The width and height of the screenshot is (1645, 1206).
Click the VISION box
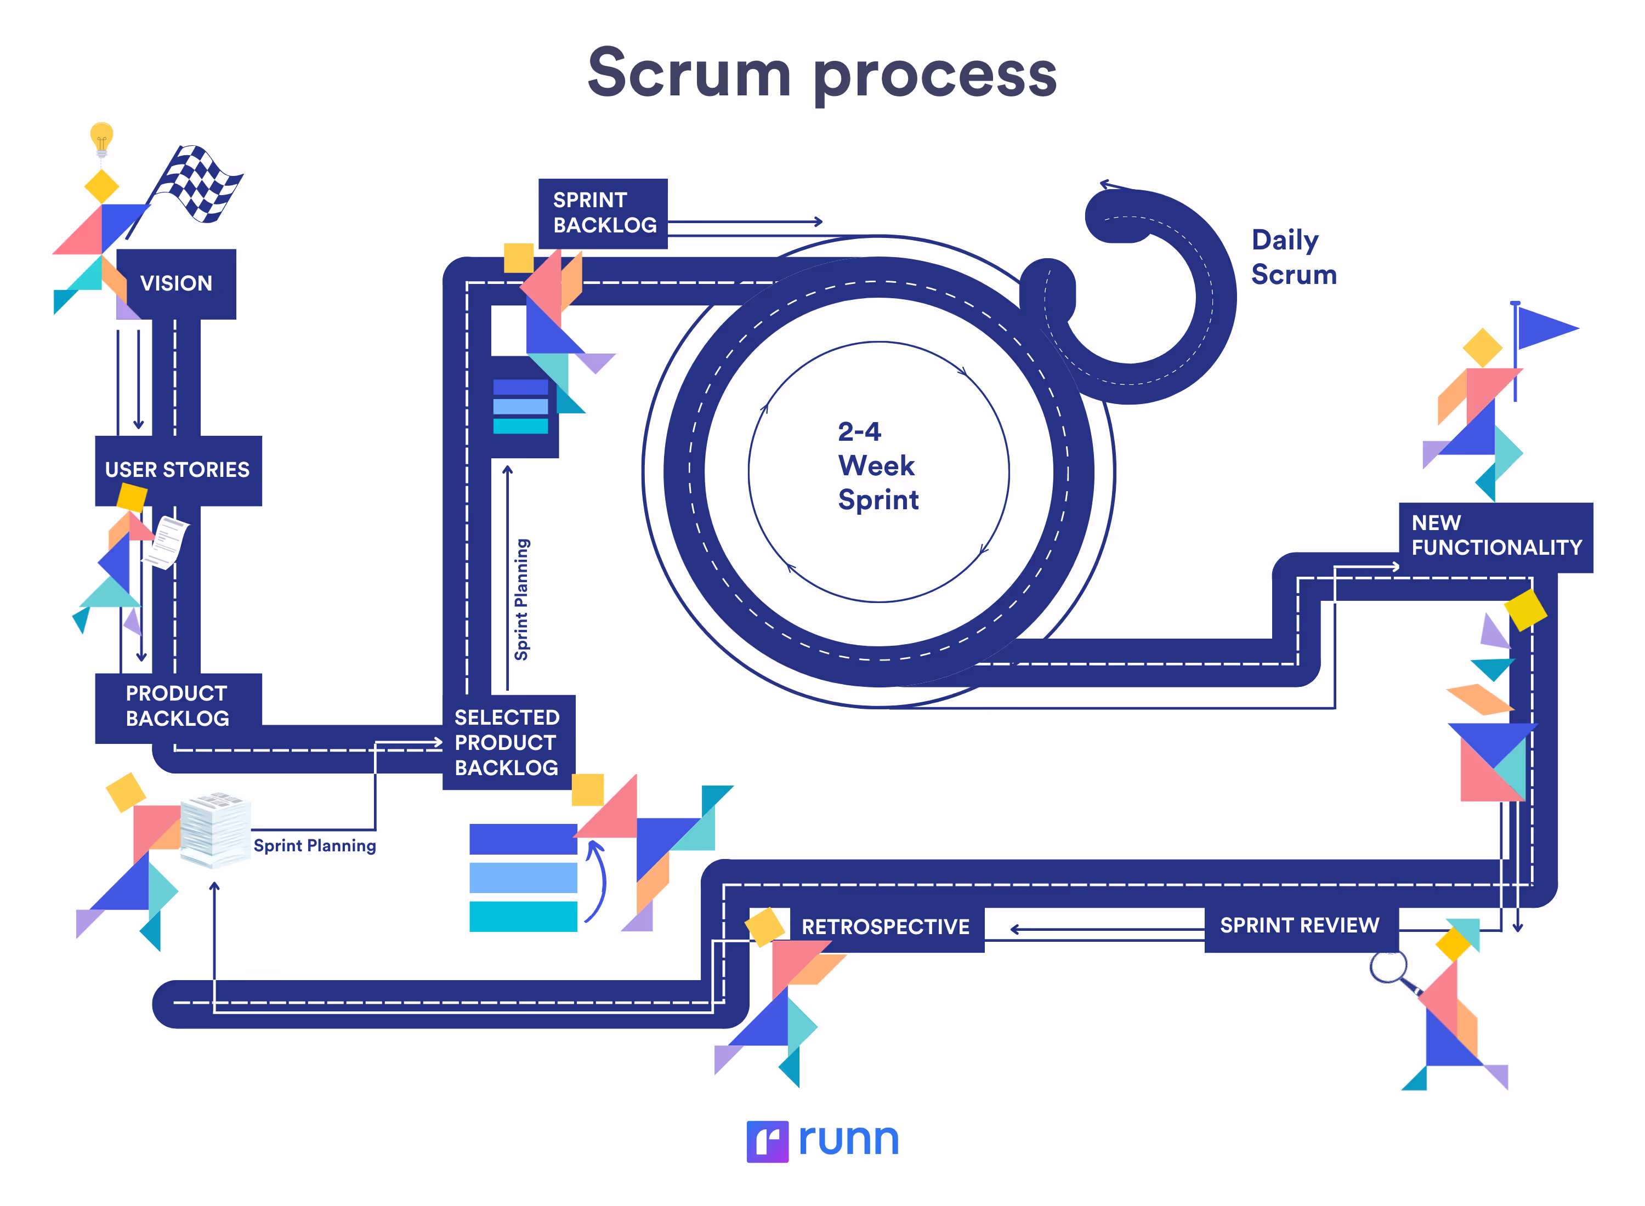click(176, 283)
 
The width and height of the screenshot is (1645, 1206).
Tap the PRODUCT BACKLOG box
click(178, 706)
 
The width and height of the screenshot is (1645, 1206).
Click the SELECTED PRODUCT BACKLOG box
click(507, 742)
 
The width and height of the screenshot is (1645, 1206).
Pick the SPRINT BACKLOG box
click(603, 213)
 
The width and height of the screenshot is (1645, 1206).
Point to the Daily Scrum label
click(1293, 257)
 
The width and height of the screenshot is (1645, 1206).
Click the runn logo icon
click(767, 1141)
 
